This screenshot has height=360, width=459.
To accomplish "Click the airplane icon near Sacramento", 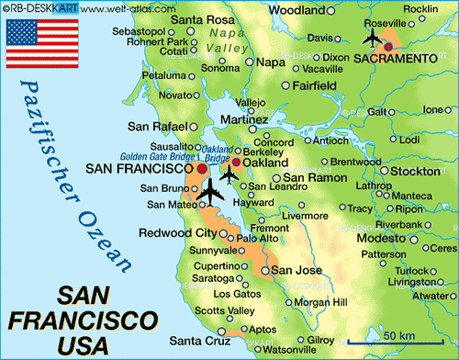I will tap(372, 38).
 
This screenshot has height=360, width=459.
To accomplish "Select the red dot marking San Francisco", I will tap(202, 169).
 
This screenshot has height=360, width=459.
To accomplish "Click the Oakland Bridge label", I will tap(217, 152).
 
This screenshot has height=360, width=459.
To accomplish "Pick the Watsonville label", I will tap(263, 350).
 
